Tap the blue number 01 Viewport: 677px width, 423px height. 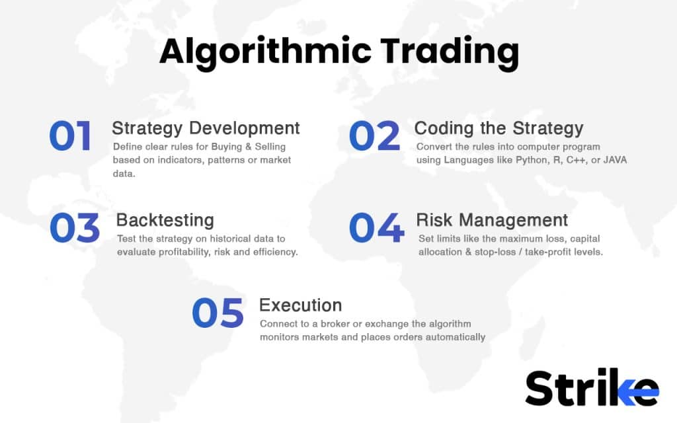click(71, 137)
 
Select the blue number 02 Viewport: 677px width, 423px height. click(374, 137)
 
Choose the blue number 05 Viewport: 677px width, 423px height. click(218, 313)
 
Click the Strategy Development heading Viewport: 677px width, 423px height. click(206, 128)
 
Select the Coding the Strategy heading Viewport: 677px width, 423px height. click(498, 128)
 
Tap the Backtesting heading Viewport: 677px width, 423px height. click(165, 219)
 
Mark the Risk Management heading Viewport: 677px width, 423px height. click(492, 219)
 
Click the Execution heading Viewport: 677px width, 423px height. click(300, 305)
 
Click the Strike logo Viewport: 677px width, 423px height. click(592, 388)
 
